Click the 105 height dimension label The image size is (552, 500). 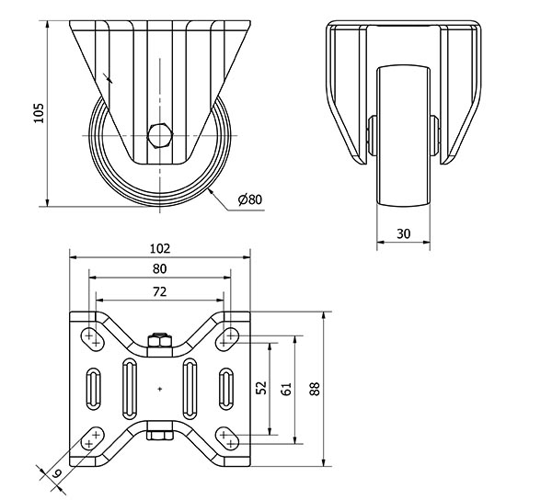point(39,113)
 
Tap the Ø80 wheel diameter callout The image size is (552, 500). point(250,199)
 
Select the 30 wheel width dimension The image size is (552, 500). point(404,233)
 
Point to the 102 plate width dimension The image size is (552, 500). point(160,248)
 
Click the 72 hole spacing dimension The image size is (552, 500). point(159,291)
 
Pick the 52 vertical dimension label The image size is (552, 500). point(261,388)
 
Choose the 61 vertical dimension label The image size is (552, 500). point(286,389)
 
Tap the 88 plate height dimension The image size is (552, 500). point(315,389)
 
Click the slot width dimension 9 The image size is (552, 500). point(57,472)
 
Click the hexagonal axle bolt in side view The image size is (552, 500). point(160,136)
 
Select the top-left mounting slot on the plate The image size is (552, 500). point(93,338)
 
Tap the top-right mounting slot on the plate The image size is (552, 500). point(227,338)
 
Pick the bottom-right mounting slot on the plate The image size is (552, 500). point(227,438)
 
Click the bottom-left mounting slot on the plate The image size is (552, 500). point(93,438)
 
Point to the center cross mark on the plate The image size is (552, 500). point(160,389)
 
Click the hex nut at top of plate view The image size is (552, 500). point(160,340)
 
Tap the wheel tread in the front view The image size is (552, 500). point(404,135)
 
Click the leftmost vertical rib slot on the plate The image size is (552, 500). point(93,389)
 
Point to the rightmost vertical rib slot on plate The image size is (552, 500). point(226,389)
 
